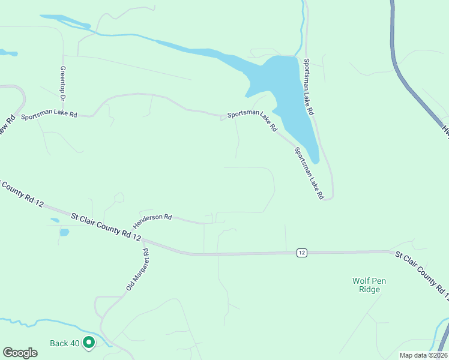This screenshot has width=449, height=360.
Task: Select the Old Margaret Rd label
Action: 137,271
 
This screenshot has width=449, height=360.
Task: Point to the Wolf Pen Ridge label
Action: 366,284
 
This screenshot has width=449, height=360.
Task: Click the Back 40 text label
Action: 65,343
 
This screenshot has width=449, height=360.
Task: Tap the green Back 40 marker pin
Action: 89,343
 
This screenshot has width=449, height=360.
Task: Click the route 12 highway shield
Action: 301,253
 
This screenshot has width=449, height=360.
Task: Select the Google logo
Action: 20,352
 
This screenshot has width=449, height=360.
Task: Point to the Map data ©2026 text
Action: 423,355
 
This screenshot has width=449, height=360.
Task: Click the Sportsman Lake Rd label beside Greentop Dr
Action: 49,115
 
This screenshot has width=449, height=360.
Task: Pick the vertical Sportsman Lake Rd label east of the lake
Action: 309,87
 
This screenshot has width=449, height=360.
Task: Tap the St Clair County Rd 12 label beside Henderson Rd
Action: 106,226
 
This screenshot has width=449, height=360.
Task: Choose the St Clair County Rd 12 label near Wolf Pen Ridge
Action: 421,275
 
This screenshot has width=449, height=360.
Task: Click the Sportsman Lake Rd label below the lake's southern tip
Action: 309,173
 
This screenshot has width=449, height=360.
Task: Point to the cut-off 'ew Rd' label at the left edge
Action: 8,127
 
